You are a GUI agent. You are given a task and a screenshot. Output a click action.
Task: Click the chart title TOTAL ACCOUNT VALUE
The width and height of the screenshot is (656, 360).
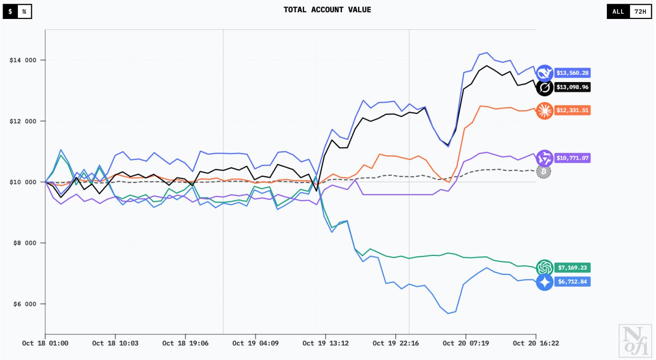point(327,10)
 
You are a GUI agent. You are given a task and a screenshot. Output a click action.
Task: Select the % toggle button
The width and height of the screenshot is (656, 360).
point(24,11)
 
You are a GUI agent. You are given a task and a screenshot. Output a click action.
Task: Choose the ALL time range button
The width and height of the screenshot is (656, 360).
point(619,11)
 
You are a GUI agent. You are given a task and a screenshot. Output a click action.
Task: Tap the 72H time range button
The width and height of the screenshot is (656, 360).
point(640,11)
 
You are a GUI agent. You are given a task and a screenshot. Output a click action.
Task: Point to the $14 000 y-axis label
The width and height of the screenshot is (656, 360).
point(23,61)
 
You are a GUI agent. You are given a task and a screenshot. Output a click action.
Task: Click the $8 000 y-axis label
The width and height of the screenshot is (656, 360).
point(23,243)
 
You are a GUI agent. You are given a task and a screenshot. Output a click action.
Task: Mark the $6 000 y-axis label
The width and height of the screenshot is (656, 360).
point(23,304)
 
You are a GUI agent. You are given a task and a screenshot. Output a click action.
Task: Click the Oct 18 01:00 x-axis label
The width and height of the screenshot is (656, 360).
point(46,343)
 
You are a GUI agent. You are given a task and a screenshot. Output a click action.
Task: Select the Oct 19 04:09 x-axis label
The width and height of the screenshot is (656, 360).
point(255,343)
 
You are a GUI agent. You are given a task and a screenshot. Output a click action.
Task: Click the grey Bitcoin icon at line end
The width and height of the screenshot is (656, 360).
point(544,171)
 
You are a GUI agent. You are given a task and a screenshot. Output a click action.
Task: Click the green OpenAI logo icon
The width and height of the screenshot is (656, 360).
point(544,267)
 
